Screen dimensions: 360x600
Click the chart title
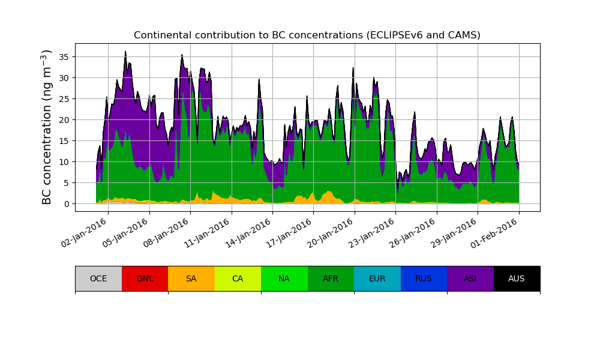point(307,35)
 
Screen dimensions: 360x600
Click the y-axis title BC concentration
point(47,127)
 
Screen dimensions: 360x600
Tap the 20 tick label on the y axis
point(64,119)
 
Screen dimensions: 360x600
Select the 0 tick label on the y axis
point(67,203)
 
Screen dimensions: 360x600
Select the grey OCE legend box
point(98,278)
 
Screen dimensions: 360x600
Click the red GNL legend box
point(145,278)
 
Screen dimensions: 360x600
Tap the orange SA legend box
point(191,278)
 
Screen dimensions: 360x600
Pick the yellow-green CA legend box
point(238,278)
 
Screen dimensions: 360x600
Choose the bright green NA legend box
point(284,278)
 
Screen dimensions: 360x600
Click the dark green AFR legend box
point(331,278)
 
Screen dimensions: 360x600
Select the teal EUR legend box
point(377,278)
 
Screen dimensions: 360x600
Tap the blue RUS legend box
point(424,278)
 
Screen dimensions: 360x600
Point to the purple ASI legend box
point(470,278)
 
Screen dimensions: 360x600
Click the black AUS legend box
point(517,278)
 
